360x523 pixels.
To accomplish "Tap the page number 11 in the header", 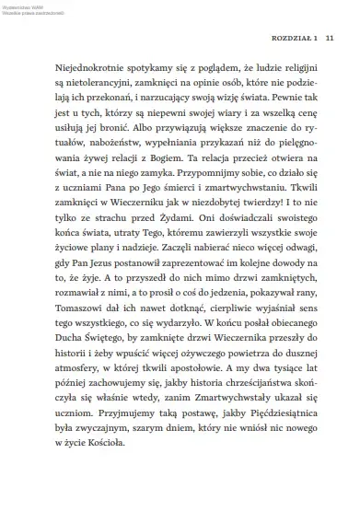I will [328, 40].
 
